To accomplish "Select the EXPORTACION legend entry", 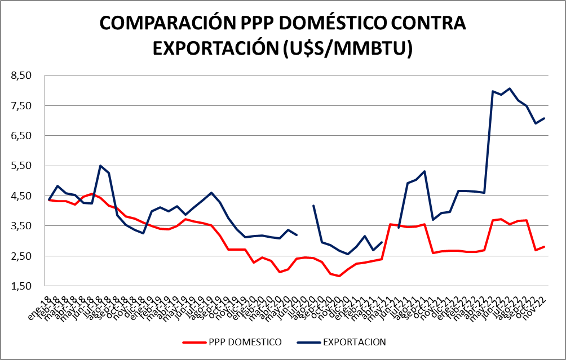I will (x=354, y=342).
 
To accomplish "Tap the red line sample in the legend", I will (x=194, y=342).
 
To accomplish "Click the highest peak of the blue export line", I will (x=510, y=88).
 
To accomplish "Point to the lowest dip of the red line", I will (x=339, y=275).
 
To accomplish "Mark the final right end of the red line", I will (x=544, y=247).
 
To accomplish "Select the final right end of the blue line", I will (x=544, y=118).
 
